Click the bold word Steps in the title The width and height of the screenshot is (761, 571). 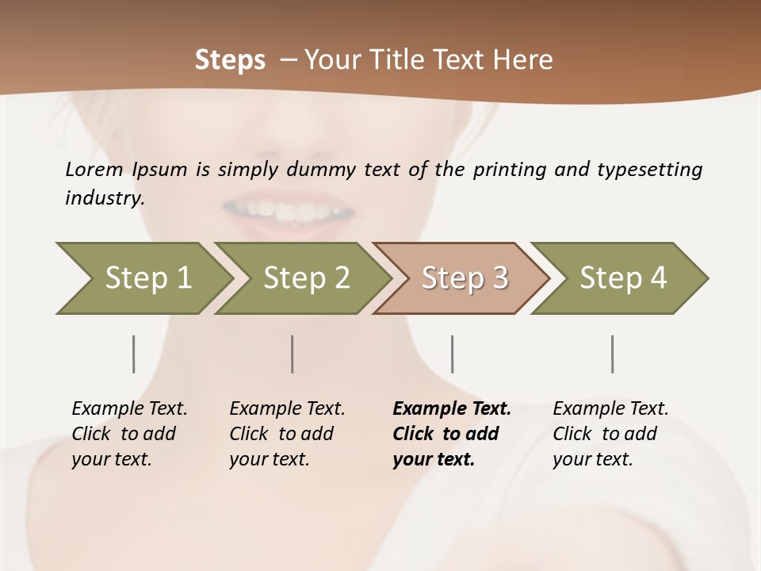(230, 60)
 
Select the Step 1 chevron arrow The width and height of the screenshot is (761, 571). (143, 278)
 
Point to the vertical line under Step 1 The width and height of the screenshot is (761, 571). (133, 354)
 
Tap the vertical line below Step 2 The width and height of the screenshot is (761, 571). (293, 354)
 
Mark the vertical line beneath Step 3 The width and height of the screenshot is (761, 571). (452, 354)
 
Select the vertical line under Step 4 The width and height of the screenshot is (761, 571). (612, 354)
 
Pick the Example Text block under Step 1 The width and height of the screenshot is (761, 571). (128, 434)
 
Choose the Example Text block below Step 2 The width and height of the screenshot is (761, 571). (286, 434)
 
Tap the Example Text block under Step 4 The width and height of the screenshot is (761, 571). (610, 434)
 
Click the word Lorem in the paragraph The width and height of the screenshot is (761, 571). (94, 170)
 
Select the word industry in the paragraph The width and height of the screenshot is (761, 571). (104, 198)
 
